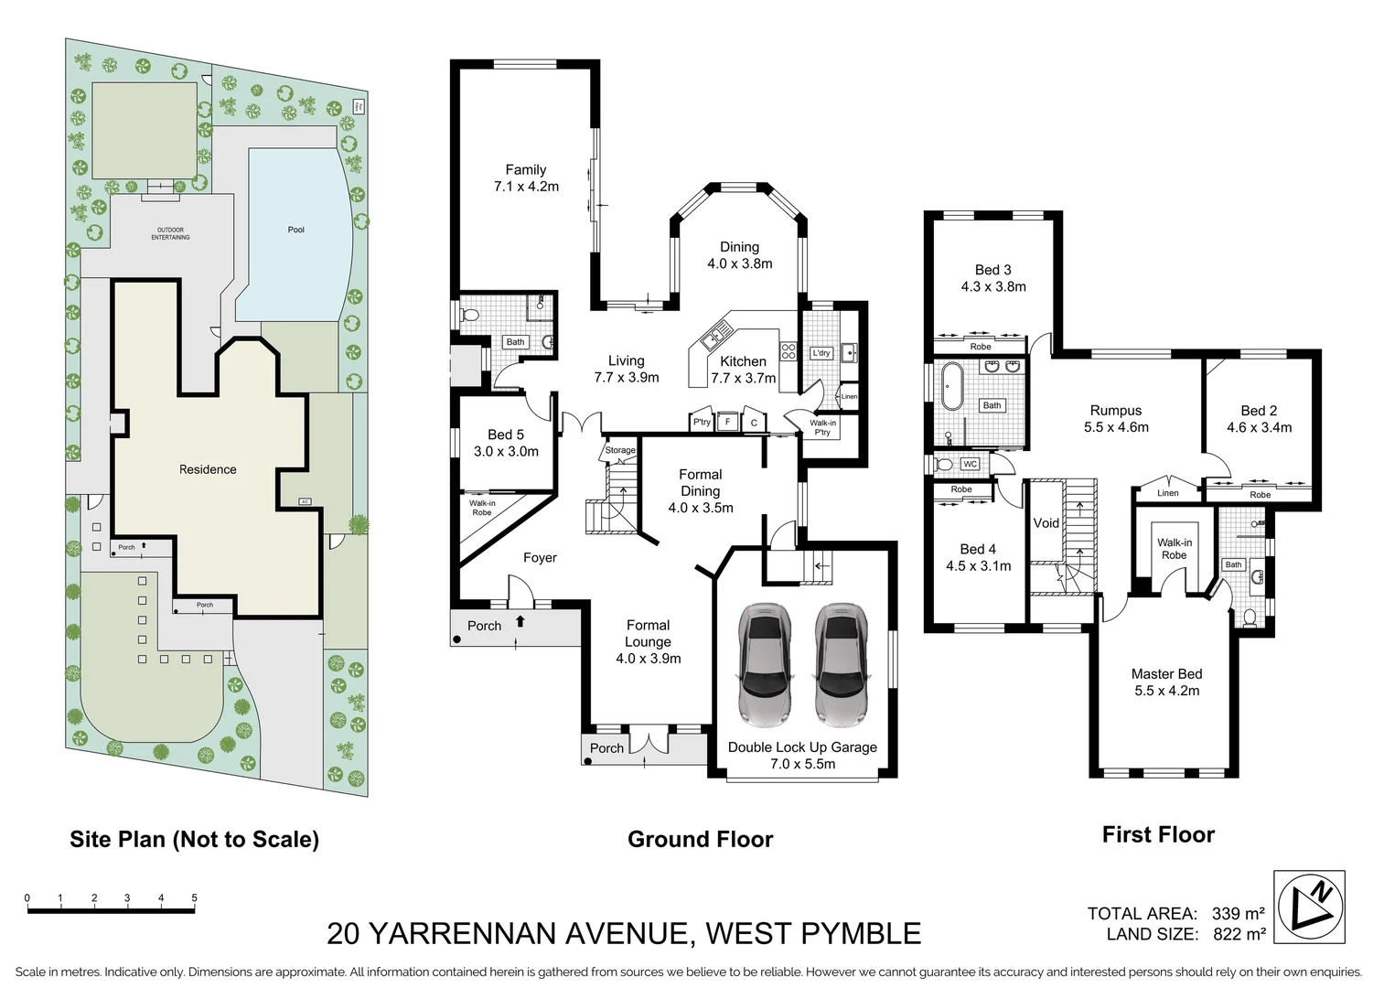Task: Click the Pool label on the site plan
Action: point(295,230)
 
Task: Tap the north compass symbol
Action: point(1309,907)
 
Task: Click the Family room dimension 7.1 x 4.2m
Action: point(526,187)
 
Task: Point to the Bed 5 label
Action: point(506,435)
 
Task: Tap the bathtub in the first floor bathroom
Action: point(951,386)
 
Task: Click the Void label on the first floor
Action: point(1046,523)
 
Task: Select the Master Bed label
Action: point(1166,674)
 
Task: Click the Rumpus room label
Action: point(1115,411)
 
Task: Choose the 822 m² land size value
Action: point(1239,934)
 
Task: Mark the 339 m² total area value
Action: point(1238,913)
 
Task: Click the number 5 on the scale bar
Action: point(194,898)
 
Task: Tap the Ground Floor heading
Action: point(700,839)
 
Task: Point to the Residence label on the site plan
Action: point(208,469)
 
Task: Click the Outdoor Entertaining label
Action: point(170,233)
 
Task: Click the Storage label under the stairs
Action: point(619,450)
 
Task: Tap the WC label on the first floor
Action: point(970,464)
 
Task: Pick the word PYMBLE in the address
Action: point(861,933)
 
